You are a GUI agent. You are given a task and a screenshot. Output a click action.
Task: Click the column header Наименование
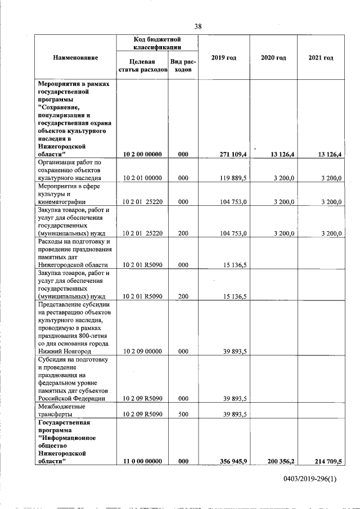[75, 58]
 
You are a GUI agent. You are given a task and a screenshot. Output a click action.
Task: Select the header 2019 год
[223, 58]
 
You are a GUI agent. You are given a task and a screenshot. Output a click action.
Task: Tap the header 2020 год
[274, 58]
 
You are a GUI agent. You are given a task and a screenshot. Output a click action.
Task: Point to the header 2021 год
[321, 58]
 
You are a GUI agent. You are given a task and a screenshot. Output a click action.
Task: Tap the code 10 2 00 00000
[142, 154]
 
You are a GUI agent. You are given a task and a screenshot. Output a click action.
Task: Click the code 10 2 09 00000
[142, 351]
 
